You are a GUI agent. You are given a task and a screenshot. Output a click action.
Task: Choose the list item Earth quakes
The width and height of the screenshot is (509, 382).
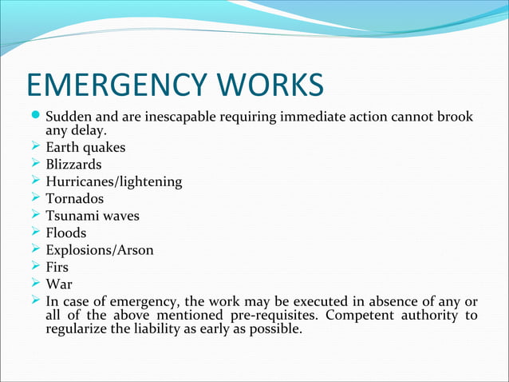(x=85, y=148)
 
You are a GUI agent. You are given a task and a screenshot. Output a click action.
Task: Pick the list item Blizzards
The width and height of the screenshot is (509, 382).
(x=73, y=165)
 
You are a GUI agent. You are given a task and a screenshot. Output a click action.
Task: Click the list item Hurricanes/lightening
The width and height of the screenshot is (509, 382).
(x=114, y=181)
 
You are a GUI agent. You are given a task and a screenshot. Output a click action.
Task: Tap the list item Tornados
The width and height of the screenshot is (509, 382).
(x=75, y=199)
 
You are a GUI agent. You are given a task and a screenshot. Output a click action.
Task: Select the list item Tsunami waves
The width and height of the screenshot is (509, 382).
(x=90, y=216)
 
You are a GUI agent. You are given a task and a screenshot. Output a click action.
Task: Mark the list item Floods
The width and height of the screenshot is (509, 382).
(x=67, y=233)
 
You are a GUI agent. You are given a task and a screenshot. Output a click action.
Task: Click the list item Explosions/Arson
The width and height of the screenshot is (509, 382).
(x=100, y=250)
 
